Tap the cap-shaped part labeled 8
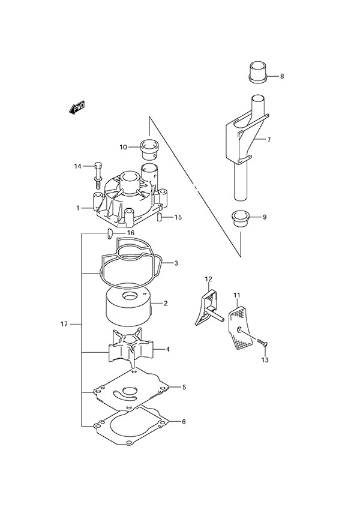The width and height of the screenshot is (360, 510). click(257, 71)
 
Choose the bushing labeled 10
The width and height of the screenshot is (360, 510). click(148, 146)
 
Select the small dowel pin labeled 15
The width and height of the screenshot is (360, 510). click(161, 218)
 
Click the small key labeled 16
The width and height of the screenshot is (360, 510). click(110, 233)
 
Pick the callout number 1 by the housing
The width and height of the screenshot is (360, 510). click(77, 208)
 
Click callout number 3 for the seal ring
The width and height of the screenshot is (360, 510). click(176, 263)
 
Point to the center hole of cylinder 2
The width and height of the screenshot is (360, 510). click(129, 296)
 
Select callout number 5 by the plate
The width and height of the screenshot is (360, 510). click(184, 388)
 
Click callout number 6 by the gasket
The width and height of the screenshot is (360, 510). click(184, 421)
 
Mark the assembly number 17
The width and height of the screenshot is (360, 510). click(64, 325)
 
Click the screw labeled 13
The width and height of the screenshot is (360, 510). click(263, 343)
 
